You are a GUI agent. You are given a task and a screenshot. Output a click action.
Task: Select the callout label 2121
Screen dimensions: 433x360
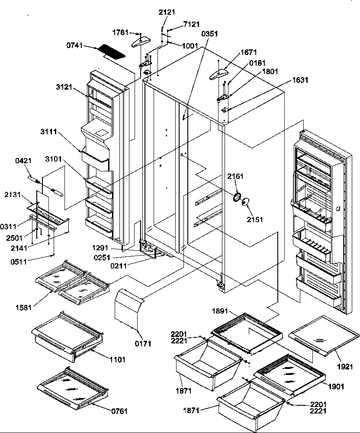point(167,12)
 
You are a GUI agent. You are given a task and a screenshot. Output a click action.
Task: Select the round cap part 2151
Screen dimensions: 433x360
point(246,202)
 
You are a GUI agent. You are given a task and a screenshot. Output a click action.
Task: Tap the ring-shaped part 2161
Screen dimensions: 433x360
point(236,197)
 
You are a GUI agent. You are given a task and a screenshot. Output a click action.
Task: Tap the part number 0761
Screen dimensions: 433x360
point(119,411)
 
